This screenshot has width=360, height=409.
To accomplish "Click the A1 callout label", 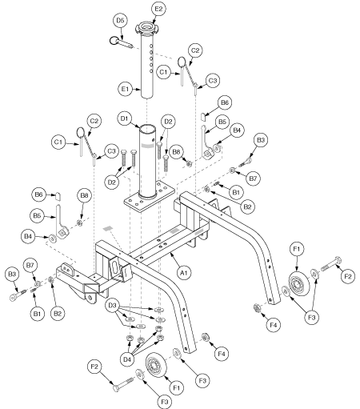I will [182, 272].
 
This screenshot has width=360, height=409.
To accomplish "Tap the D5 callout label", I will [121, 18].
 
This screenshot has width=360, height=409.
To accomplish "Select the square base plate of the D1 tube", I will [151, 200].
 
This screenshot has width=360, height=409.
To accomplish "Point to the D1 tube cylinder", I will [149, 160].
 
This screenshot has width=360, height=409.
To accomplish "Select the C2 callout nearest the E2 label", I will [194, 49].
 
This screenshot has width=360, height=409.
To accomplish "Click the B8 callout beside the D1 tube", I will [178, 149].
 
